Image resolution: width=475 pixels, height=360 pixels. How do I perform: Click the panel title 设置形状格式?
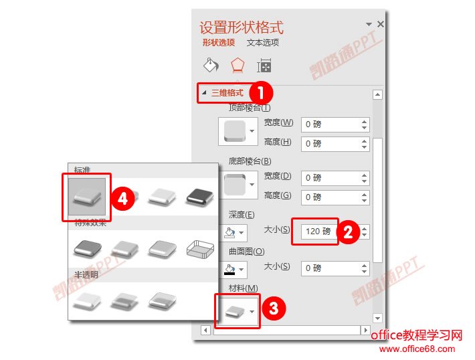tap(242, 27)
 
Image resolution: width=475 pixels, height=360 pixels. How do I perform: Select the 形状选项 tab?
tap(219, 43)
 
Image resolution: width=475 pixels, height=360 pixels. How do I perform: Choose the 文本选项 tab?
tap(263, 43)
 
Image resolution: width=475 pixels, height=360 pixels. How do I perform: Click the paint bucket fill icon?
tap(211, 65)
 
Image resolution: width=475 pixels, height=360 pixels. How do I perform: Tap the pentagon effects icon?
tap(237, 65)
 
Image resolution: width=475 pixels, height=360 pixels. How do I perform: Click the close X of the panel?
tap(381, 24)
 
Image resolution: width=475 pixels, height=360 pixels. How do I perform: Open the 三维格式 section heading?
tap(227, 93)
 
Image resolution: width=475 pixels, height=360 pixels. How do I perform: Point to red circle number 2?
tap(347, 232)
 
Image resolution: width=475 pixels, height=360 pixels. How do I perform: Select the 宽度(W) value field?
tap(330, 124)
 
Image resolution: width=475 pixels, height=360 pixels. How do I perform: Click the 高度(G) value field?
tap(330, 197)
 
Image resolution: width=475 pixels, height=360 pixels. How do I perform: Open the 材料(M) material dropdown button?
tap(237, 311)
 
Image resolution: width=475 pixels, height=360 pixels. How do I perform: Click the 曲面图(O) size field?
tap(330, 268)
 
